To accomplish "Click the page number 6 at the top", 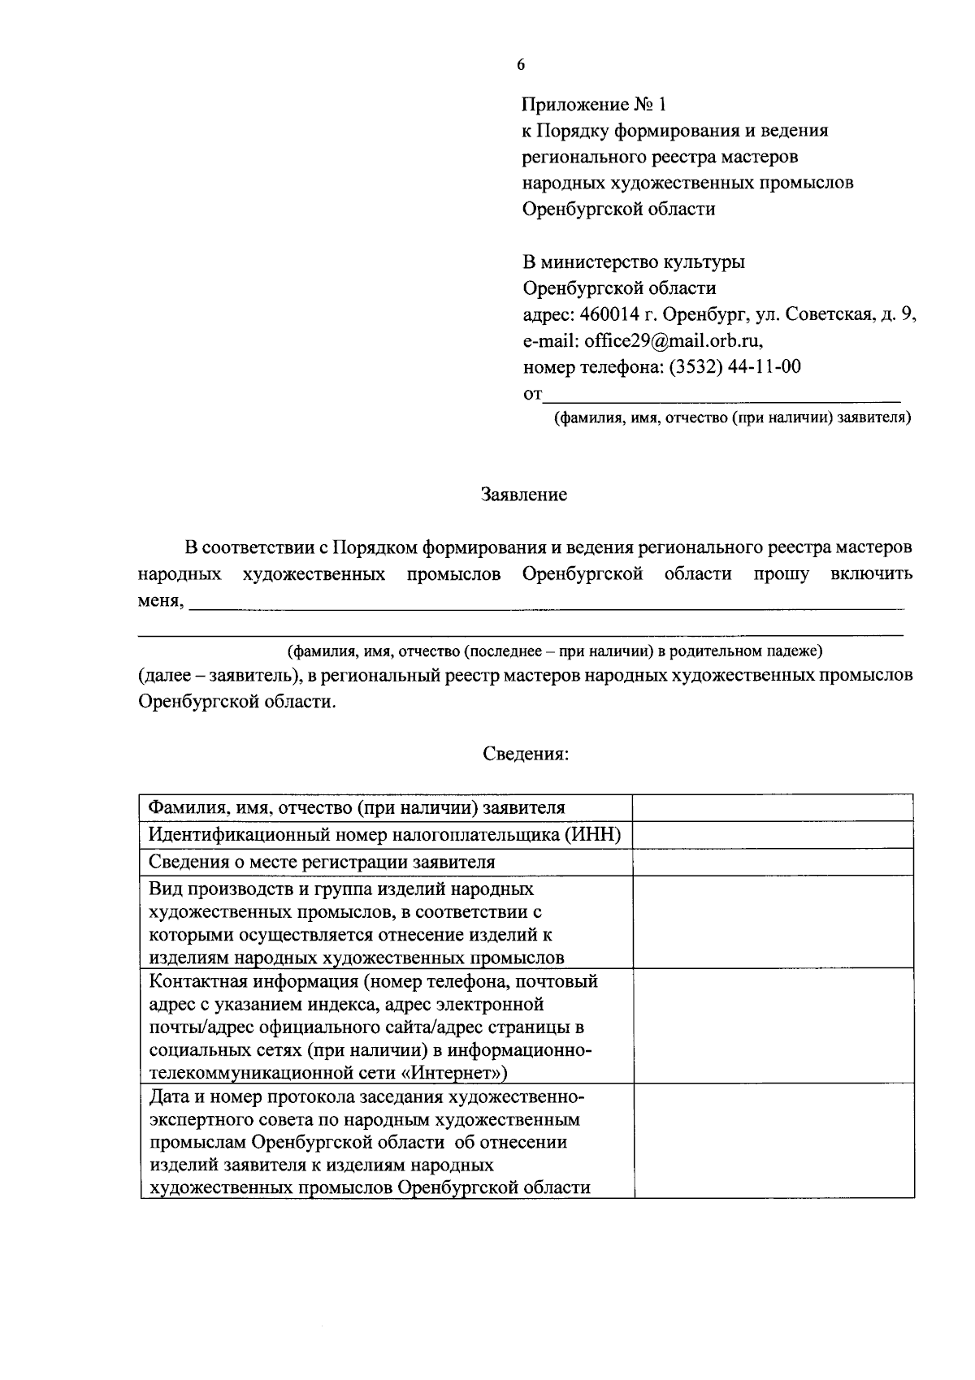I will coord(521,66).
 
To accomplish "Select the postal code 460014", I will coord(608,315).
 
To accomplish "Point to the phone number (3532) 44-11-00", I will coord(734,367).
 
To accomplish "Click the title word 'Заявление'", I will coord(524,495).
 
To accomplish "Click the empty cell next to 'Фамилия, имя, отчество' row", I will coord(773,808).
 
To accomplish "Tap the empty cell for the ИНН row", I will coord(773,835).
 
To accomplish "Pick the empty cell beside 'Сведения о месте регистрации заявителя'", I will coord(773,862).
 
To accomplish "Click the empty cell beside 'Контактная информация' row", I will coord(773,1026).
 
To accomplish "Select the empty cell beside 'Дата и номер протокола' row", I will coord(773,1141).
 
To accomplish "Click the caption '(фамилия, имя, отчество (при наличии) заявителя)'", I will coord(732,419).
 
